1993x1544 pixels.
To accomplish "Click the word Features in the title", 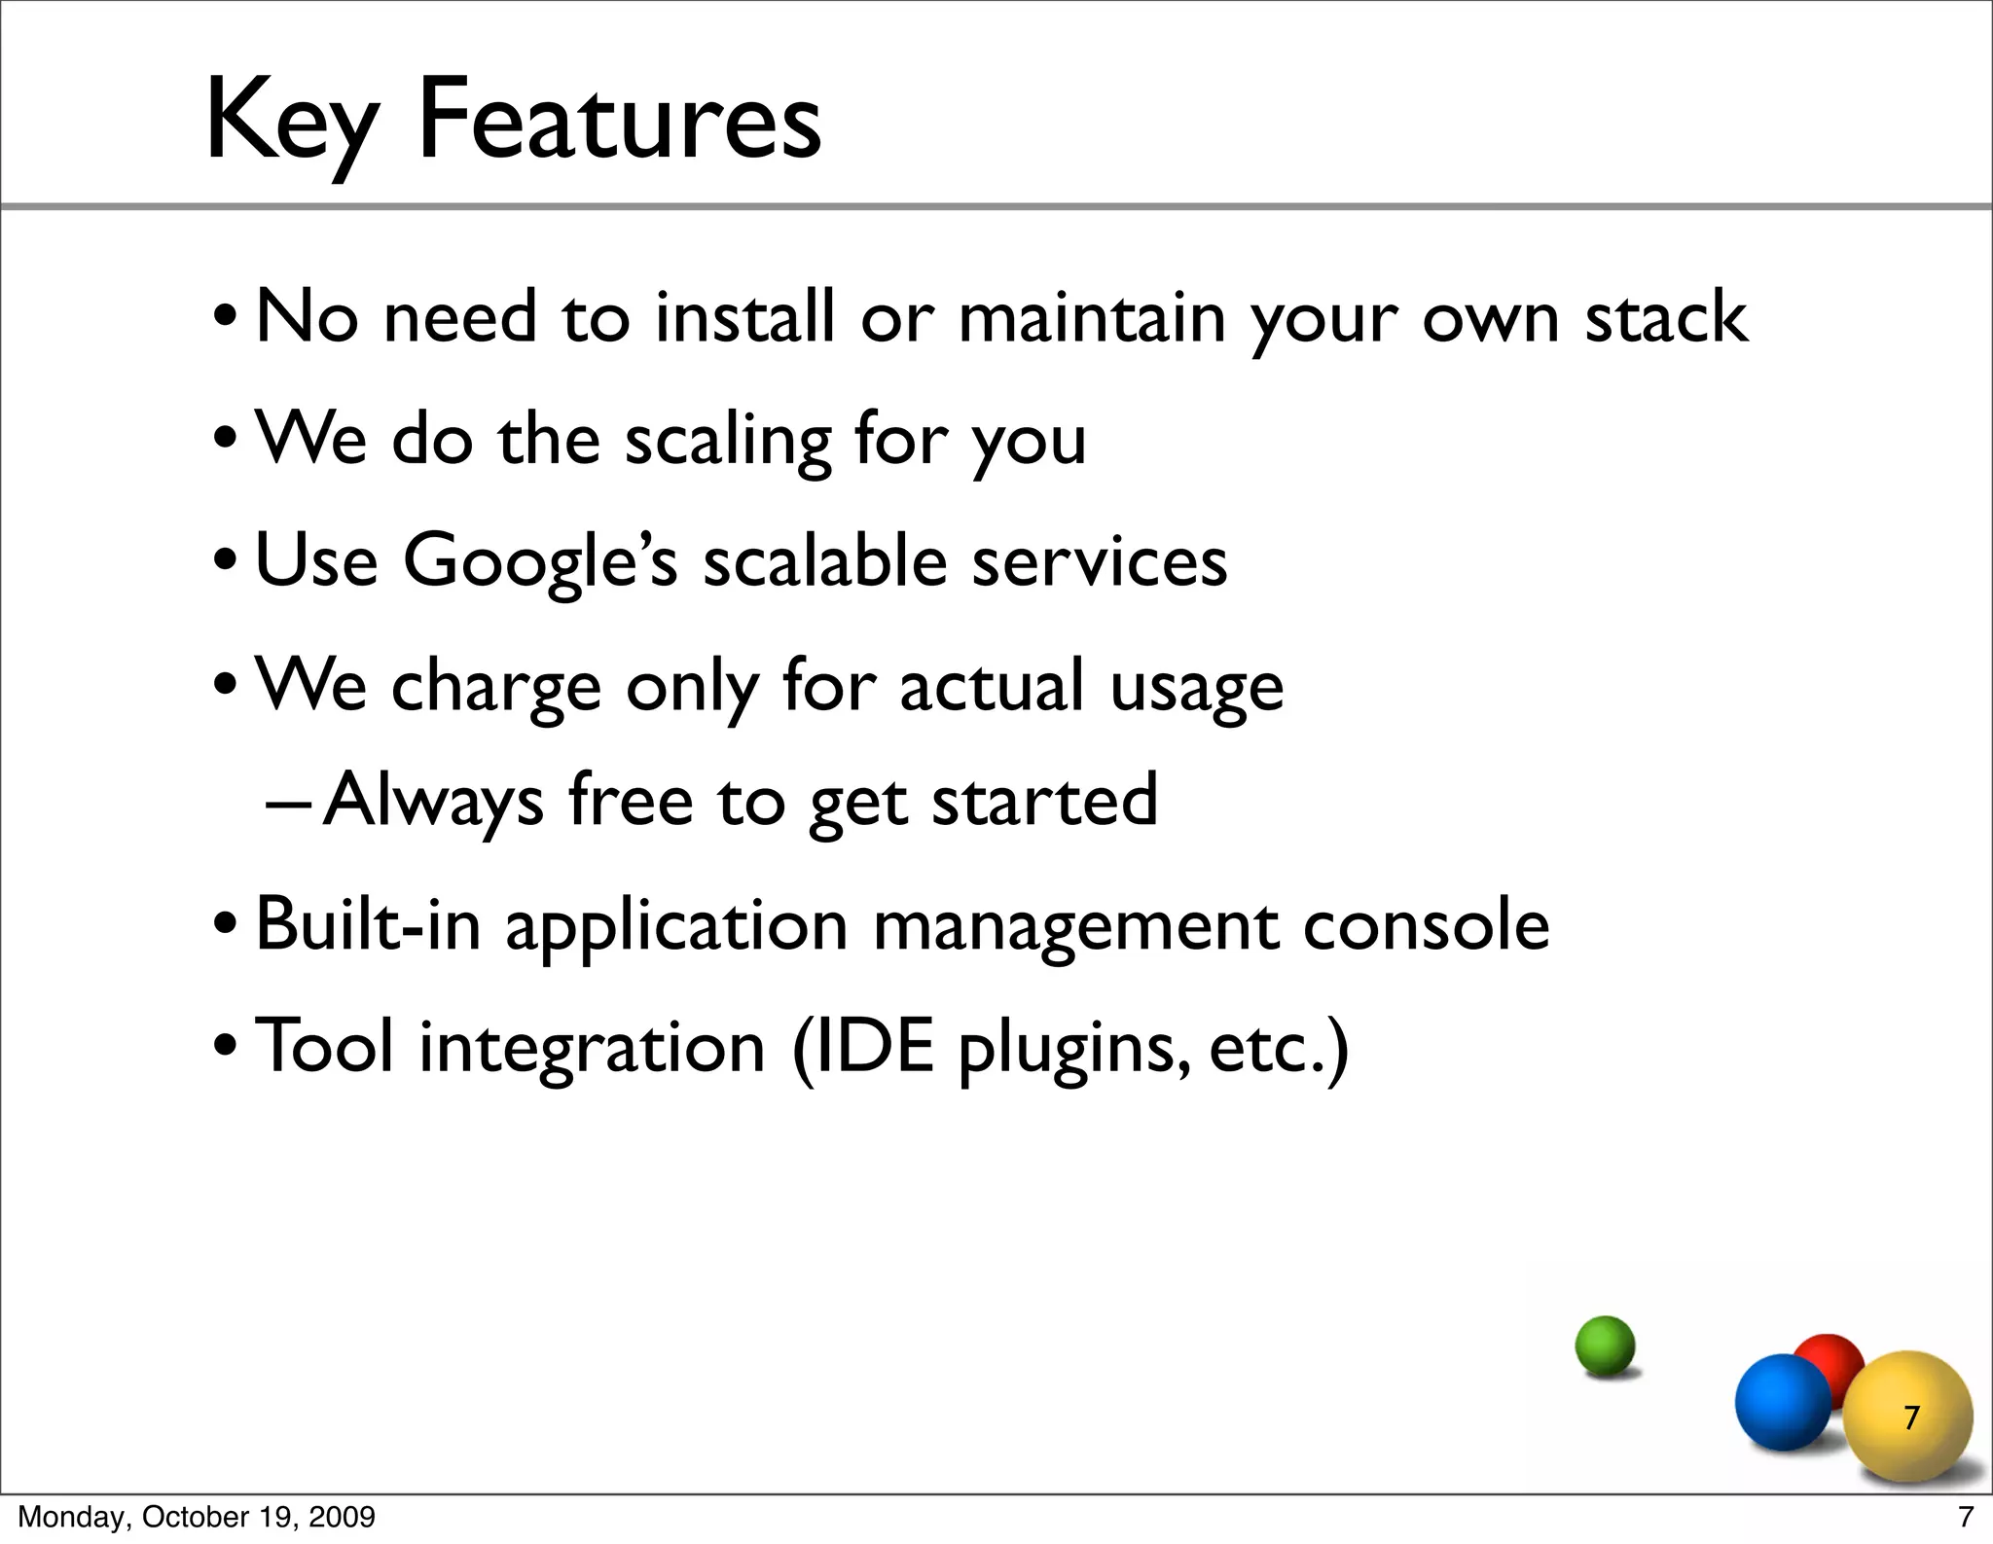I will pyautogui.click(x=619, y=121).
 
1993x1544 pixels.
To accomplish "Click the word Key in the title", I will pyautogui.click(x=290, y=121).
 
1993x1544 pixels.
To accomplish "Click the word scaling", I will pyautogui.click(x=727, y=441).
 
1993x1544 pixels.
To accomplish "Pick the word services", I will pyautogui.click(x=1099, y=562).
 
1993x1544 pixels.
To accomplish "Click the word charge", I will pyautogui.click(x=495, y=687).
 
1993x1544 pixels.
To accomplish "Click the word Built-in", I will pyautogui.click(x=367, y=923).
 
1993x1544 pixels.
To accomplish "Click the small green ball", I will pyautogui.click(x=1605, y=1346).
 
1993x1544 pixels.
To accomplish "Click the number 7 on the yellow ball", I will pyautogui.click(x=1911, y=1418).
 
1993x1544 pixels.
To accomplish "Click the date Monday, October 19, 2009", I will pyautogui.click(x=197, y=1517).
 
